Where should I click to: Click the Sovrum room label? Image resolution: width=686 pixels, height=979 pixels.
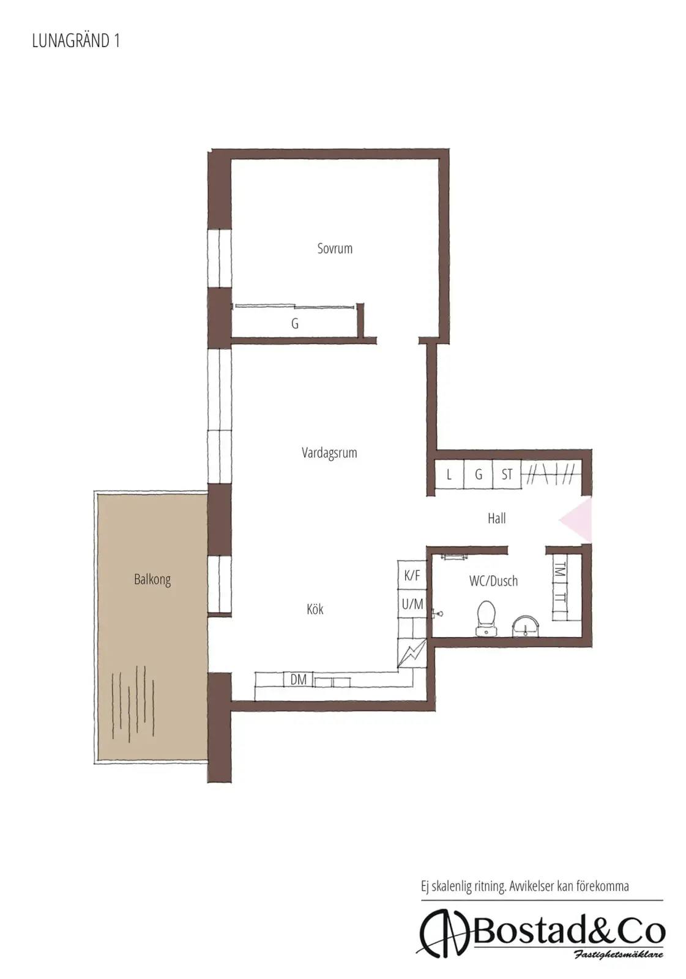(335, 248)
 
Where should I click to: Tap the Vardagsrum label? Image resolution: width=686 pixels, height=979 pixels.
(329, 452)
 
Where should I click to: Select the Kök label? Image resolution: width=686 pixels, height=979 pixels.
(315, 609)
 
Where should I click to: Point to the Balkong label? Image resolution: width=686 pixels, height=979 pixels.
(152, 579)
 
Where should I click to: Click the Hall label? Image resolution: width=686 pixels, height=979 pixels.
(497, 518)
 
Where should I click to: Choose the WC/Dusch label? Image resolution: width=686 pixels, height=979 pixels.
(493, 581)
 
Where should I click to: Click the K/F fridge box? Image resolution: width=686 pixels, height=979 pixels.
(412, 575)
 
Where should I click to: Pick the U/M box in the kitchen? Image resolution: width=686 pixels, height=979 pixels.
(412, 603)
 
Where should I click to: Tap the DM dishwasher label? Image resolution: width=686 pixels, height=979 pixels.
(298, 679)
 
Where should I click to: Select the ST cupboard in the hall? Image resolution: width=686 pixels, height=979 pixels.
(507, 474)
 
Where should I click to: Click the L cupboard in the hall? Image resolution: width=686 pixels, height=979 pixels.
(449, 474)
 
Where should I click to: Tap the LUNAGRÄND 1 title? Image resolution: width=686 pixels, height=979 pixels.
(76, 40)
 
